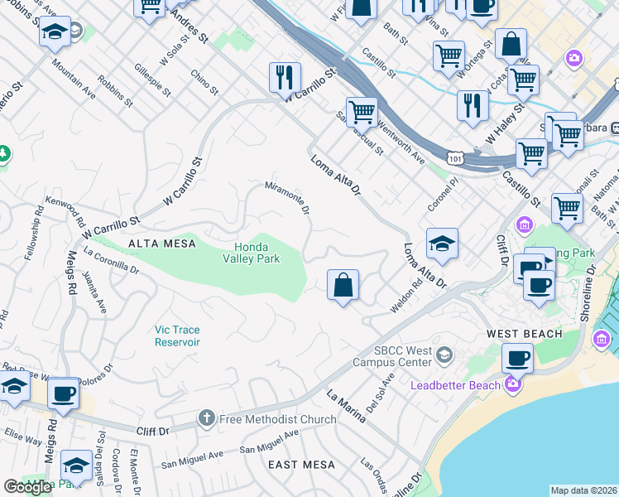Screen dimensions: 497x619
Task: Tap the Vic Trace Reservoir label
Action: pos(177,335)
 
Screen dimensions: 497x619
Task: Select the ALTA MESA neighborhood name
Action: pos(162,243)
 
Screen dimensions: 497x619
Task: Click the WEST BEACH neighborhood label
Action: pos(524,334)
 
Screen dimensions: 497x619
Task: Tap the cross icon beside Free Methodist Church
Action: pos(208,419)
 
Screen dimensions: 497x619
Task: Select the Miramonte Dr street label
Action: pos(287,198)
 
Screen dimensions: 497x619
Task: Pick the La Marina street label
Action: pos(346,406)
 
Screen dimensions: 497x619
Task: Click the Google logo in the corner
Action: pos(28,487)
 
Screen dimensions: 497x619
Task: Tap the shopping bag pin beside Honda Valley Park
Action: pos(343,286)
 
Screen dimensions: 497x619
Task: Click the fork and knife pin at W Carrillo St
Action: pos(284,78)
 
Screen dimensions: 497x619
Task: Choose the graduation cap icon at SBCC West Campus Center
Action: pos(444,355)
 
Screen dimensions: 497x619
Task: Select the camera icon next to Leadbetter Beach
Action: pos(513,384)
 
